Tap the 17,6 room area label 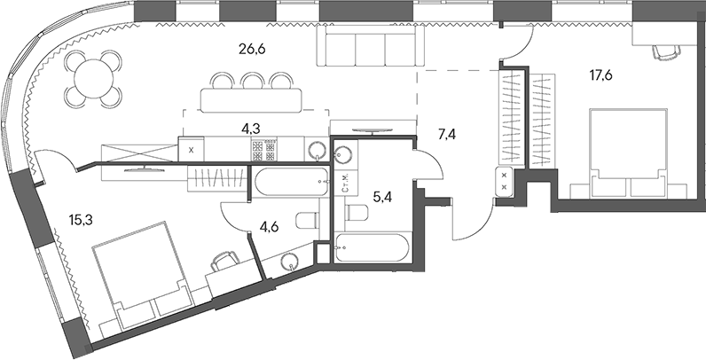point(601,75)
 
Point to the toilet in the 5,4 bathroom point(357,212)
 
